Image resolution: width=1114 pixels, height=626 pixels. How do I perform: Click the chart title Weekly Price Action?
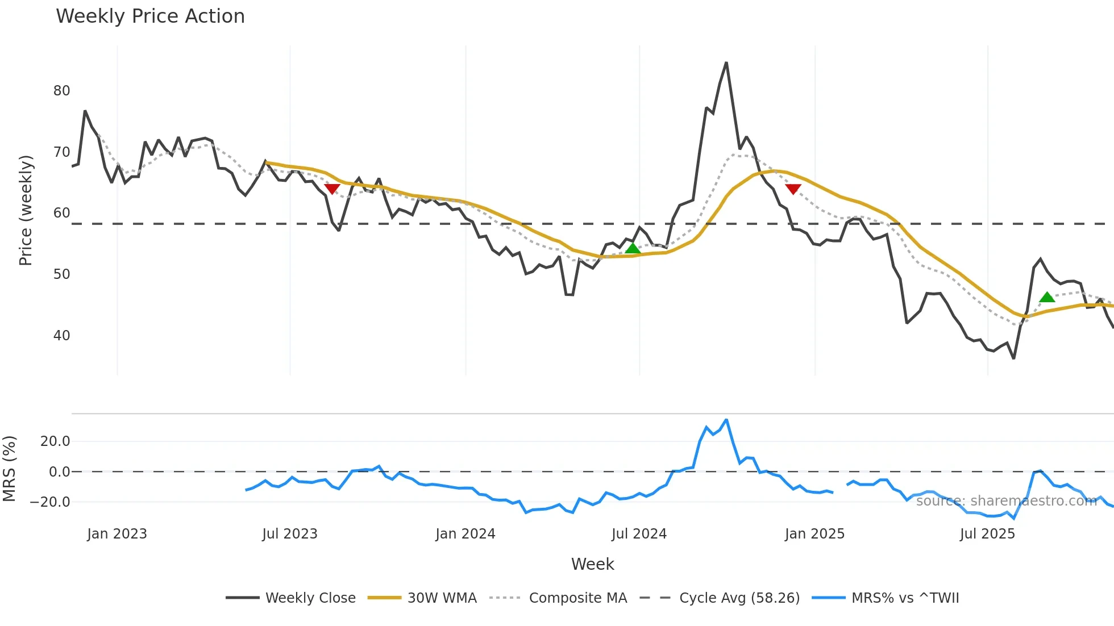150,16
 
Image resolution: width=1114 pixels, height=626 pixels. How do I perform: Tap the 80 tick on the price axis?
61,91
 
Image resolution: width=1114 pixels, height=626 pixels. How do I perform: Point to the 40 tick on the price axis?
61,336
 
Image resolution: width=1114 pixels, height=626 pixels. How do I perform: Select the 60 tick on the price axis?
61,213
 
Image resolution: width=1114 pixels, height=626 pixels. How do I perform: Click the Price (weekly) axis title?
26,210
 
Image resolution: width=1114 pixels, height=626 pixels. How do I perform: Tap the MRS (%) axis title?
9,469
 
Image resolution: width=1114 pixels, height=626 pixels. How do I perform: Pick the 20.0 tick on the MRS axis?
55,441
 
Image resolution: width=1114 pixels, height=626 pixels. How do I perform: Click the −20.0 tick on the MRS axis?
50,502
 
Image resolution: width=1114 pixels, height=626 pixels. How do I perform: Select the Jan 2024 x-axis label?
465,534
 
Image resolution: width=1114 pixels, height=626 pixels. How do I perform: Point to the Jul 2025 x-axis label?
987,534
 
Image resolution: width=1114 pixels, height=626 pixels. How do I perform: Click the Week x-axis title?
592,564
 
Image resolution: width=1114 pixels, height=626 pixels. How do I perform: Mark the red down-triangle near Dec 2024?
793,189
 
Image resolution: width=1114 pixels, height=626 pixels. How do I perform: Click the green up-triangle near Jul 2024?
633,248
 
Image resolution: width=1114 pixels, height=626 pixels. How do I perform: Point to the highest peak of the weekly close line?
726,63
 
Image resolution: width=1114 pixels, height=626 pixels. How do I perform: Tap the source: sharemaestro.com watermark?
1006,501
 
